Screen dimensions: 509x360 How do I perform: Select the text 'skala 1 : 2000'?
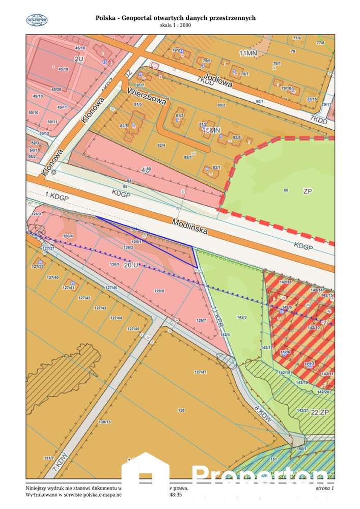(176, 25)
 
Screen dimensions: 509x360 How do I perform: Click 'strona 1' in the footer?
(324, 489)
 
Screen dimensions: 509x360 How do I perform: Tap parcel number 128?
(181, 409)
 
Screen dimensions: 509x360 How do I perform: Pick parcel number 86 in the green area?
(286, 190)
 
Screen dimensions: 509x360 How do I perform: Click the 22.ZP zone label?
(320, 412)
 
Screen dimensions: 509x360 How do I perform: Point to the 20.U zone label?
(130, 265)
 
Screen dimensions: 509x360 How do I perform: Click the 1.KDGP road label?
(56, 196)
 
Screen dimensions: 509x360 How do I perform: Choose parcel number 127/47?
(200, 372)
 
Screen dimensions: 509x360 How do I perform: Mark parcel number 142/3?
(241, 318)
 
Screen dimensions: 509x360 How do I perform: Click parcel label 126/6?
(160, 291)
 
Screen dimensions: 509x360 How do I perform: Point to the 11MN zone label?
(248, 53)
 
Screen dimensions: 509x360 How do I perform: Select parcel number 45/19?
(64, 69)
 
